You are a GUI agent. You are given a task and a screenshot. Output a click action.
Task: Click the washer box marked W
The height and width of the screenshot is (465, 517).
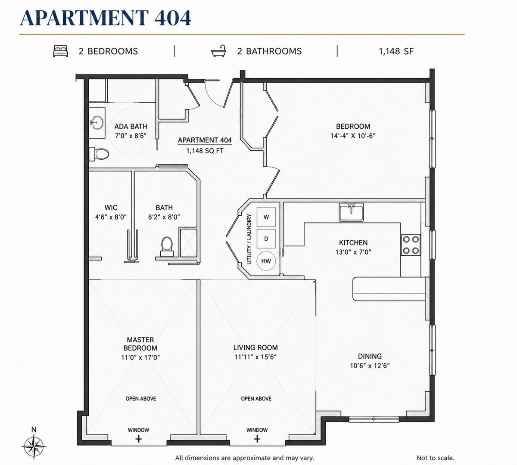266,217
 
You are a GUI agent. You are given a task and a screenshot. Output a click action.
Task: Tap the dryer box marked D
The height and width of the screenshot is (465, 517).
266,239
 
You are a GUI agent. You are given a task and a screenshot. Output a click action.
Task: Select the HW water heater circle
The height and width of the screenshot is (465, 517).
266,261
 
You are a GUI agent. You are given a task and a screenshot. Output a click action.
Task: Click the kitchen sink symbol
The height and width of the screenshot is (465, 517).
351,212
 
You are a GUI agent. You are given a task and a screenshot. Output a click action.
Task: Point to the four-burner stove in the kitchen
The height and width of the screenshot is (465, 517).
411,245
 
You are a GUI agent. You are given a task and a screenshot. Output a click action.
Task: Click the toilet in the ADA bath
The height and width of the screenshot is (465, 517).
99,154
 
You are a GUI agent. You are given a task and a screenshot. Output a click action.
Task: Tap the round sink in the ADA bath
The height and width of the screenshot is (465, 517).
97,123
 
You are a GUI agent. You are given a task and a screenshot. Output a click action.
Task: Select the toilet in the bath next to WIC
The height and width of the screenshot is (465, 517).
167,247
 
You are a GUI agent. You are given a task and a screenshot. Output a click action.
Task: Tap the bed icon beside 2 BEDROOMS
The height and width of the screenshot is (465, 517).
61,51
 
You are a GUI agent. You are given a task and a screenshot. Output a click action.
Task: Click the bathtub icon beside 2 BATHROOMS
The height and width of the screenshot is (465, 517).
219,51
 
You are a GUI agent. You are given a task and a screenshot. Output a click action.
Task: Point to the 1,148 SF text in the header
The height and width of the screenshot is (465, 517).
396,51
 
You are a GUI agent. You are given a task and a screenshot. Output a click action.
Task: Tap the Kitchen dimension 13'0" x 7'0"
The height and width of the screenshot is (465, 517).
353,252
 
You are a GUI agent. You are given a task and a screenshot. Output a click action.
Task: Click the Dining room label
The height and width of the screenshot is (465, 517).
370,356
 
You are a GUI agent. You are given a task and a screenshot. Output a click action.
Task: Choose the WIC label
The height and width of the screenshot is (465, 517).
111,208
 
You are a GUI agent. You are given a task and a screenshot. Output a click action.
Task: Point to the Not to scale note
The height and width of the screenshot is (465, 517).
435,458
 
